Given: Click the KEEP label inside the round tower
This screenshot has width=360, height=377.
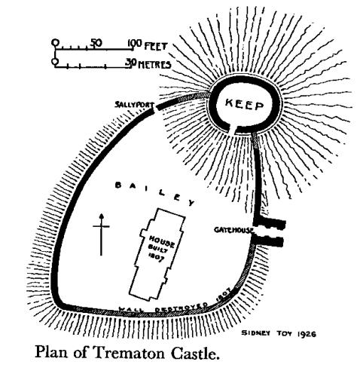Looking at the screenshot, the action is (245, 105).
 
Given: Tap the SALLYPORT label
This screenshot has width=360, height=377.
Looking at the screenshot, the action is (134, 105).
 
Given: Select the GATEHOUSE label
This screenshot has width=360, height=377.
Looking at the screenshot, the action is (233, 230).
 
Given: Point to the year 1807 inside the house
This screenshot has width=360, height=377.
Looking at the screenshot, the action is (156, 257).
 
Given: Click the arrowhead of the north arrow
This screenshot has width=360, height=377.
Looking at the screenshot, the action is (101, 216).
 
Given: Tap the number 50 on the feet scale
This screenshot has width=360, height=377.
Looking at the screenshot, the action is (96, 43).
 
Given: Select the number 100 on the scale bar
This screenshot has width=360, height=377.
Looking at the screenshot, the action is (134, 44).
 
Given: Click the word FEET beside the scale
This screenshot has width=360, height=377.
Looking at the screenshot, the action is (155, 47).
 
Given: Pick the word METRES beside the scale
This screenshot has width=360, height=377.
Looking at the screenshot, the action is (154, 65).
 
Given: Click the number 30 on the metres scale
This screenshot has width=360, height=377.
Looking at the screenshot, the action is (130, 64).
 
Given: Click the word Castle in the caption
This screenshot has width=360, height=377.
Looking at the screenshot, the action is (195, 352).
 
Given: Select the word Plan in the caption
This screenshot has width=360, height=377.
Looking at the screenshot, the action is (51, 352).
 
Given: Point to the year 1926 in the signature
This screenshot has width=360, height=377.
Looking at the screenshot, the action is (307, 334).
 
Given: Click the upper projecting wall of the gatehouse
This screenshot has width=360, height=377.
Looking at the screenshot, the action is (270, 223).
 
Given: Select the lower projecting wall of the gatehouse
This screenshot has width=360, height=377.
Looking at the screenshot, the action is (268, 241).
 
